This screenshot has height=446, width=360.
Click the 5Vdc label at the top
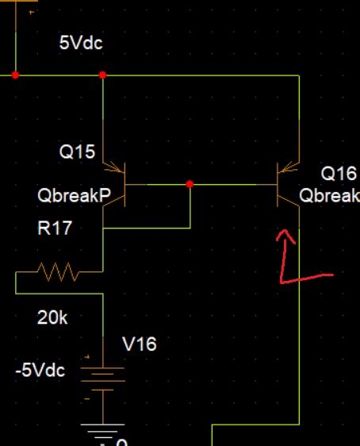tap(81, 43)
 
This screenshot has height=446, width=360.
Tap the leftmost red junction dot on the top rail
tap(16, 75)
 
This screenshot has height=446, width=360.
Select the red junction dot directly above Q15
tap(102, 75)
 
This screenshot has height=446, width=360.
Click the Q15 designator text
tap(77, 152)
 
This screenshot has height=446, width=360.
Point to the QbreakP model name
tap(74, 195)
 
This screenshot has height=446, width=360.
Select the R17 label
tap(55, 229)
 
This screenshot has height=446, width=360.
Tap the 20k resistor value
tap(52, 318)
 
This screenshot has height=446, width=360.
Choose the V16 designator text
tap(139, 344)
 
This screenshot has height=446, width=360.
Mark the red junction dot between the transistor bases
tap(190, 184)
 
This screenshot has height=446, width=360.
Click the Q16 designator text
tap(338, 173)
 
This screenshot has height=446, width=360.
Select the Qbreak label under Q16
tap(329, 195)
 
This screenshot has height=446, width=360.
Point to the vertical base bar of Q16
tap(277, 184)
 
